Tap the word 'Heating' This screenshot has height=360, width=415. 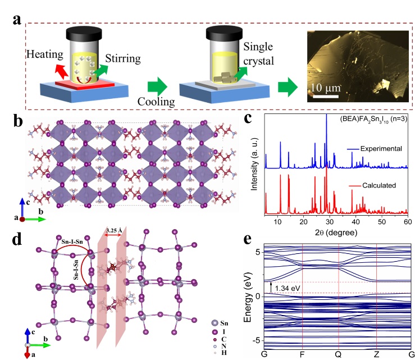coord(45,55)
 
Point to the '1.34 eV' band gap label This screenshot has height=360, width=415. coord(290,289)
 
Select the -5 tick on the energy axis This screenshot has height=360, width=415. coord(259,340)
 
